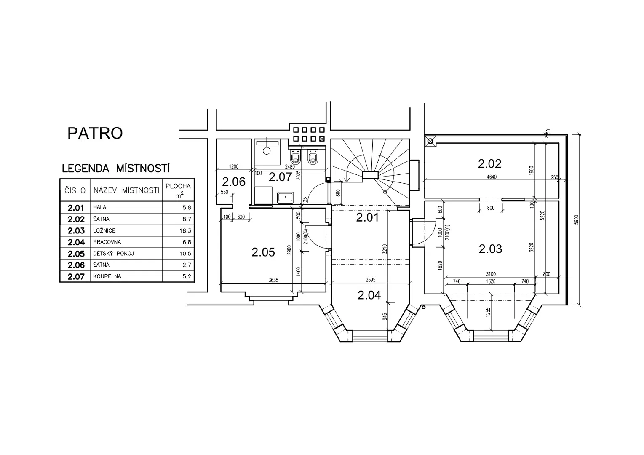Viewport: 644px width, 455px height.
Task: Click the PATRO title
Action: (95, 133)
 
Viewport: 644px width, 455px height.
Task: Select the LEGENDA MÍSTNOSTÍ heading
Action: (115, 168)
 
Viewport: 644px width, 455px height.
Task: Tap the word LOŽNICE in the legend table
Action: (104, 231)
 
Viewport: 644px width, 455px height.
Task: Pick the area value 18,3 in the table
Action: (187, 231)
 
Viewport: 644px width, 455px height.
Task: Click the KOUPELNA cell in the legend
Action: (107, 276)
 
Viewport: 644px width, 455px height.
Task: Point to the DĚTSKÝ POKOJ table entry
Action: (113, 253)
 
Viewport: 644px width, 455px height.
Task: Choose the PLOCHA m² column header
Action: (178, 190)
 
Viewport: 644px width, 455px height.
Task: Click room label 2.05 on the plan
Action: (263, 252)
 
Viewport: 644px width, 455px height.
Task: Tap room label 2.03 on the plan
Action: (490, 249)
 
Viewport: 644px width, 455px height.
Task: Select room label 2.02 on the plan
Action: (489, 163)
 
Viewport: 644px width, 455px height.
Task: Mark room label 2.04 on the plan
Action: (369, 295)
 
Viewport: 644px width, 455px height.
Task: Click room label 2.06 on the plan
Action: (234, 182)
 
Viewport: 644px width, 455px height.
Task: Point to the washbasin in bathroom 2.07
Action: (285, 198)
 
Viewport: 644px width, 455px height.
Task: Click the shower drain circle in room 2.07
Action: (267, 150)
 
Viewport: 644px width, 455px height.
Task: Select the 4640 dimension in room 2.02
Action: (492, 177)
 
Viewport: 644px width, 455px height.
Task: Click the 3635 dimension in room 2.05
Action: (273, 280)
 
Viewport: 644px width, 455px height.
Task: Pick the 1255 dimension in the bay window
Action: (488, 312)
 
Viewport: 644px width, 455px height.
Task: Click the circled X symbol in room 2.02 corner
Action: (430, 141)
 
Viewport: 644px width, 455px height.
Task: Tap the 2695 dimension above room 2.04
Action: (371, 280)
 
